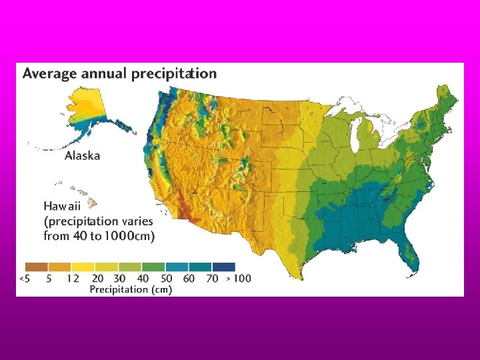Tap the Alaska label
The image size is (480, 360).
pyautogui.click(x=82, y=155)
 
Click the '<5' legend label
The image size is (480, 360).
pyautogui.click(x=24, y=278)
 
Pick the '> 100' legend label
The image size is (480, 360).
pyautogui.click(x=238, y=278)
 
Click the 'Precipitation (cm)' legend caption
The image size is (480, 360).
pyautogui.click(x=131, y=289)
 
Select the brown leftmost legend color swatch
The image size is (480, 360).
pyautogui.click(x=37, y=267)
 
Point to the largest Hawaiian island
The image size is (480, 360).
pyautogui.click(x=93, y=199)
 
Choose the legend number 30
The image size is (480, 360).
pyautogui.click(x=121, y=278)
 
